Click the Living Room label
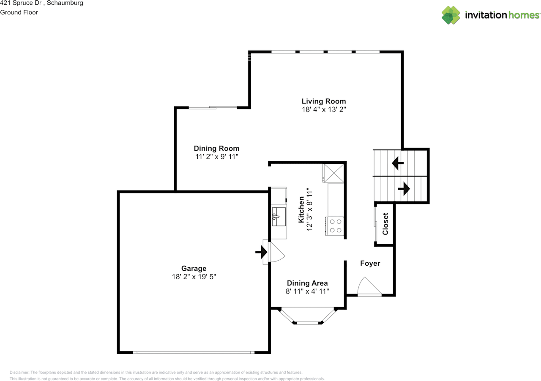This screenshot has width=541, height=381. [x=323, y=101]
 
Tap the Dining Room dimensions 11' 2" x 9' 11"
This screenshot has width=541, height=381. [x=216, y=156]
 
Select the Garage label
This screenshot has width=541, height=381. [x=194, y=268]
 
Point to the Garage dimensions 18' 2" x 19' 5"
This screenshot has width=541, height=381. [x=194, y=277]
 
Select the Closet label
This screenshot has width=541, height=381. [x=385, y=224]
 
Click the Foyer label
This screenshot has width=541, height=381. [x=370, y=264]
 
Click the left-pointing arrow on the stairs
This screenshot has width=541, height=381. [x=397, y=163]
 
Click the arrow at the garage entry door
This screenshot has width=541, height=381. [x=261, y=252]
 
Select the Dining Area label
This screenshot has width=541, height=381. [x=307, y=283]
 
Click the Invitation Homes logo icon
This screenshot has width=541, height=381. [x=451, y=15]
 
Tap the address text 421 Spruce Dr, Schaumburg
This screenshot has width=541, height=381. [x=41, y=3]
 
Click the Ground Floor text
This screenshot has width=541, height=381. [x=19, y=12]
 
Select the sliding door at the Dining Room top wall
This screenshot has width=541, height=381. [x=213, y=108]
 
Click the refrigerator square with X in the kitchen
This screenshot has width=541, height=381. [x=333, y=173]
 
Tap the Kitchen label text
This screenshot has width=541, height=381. [x=301, y=210]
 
